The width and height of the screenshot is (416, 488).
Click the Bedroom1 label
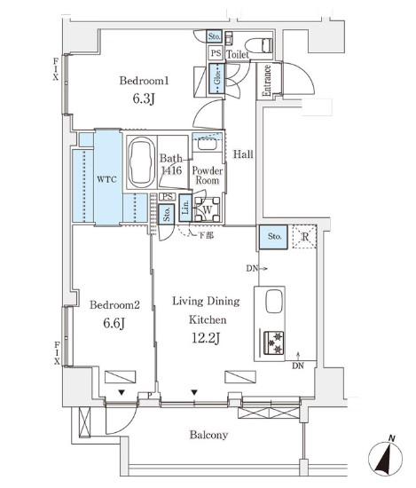[x=144, y=81]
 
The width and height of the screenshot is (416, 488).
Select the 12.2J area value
[x=205, y=337]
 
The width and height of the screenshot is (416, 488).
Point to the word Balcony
[x=208, y=435]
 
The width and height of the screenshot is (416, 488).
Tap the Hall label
[x=243, y=154]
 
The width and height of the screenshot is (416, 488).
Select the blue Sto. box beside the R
[x=272, y=237]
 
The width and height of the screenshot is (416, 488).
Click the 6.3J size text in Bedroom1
[x=144, y=100]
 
